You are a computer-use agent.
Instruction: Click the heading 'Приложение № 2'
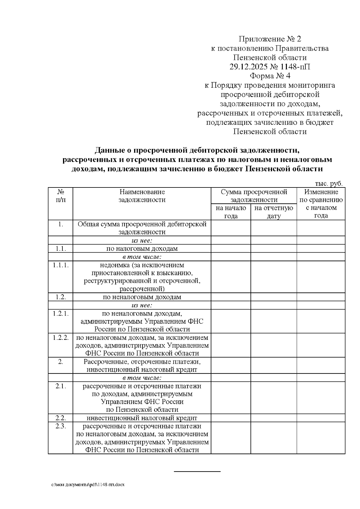click(x=269, y=39)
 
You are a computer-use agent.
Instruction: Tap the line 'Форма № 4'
click(x=270, y=76)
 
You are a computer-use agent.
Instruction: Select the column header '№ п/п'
click(x=61, y=196)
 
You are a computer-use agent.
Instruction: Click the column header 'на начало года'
click(x=231, y=212)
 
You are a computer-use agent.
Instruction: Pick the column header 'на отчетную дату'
click(x=274, y=212)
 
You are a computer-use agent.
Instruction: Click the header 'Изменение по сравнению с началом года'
click(x=321, y=204)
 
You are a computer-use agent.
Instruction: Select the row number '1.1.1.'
click(x=61, y=265)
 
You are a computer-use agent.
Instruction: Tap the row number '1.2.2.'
click(x=61, y=337)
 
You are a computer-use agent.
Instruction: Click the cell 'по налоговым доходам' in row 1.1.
click(x=142, y=249)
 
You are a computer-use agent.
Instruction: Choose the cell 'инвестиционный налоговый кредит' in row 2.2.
click(x=142, y=418)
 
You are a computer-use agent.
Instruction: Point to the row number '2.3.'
click(x=61, y=426)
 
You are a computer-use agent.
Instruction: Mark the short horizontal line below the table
click(x=197, y=472)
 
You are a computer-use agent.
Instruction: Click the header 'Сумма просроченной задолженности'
click(x=254, y=196)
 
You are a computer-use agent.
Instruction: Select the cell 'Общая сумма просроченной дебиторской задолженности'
click(x=142, y=228)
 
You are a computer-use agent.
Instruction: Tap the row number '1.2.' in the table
click(x=61, y=297)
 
